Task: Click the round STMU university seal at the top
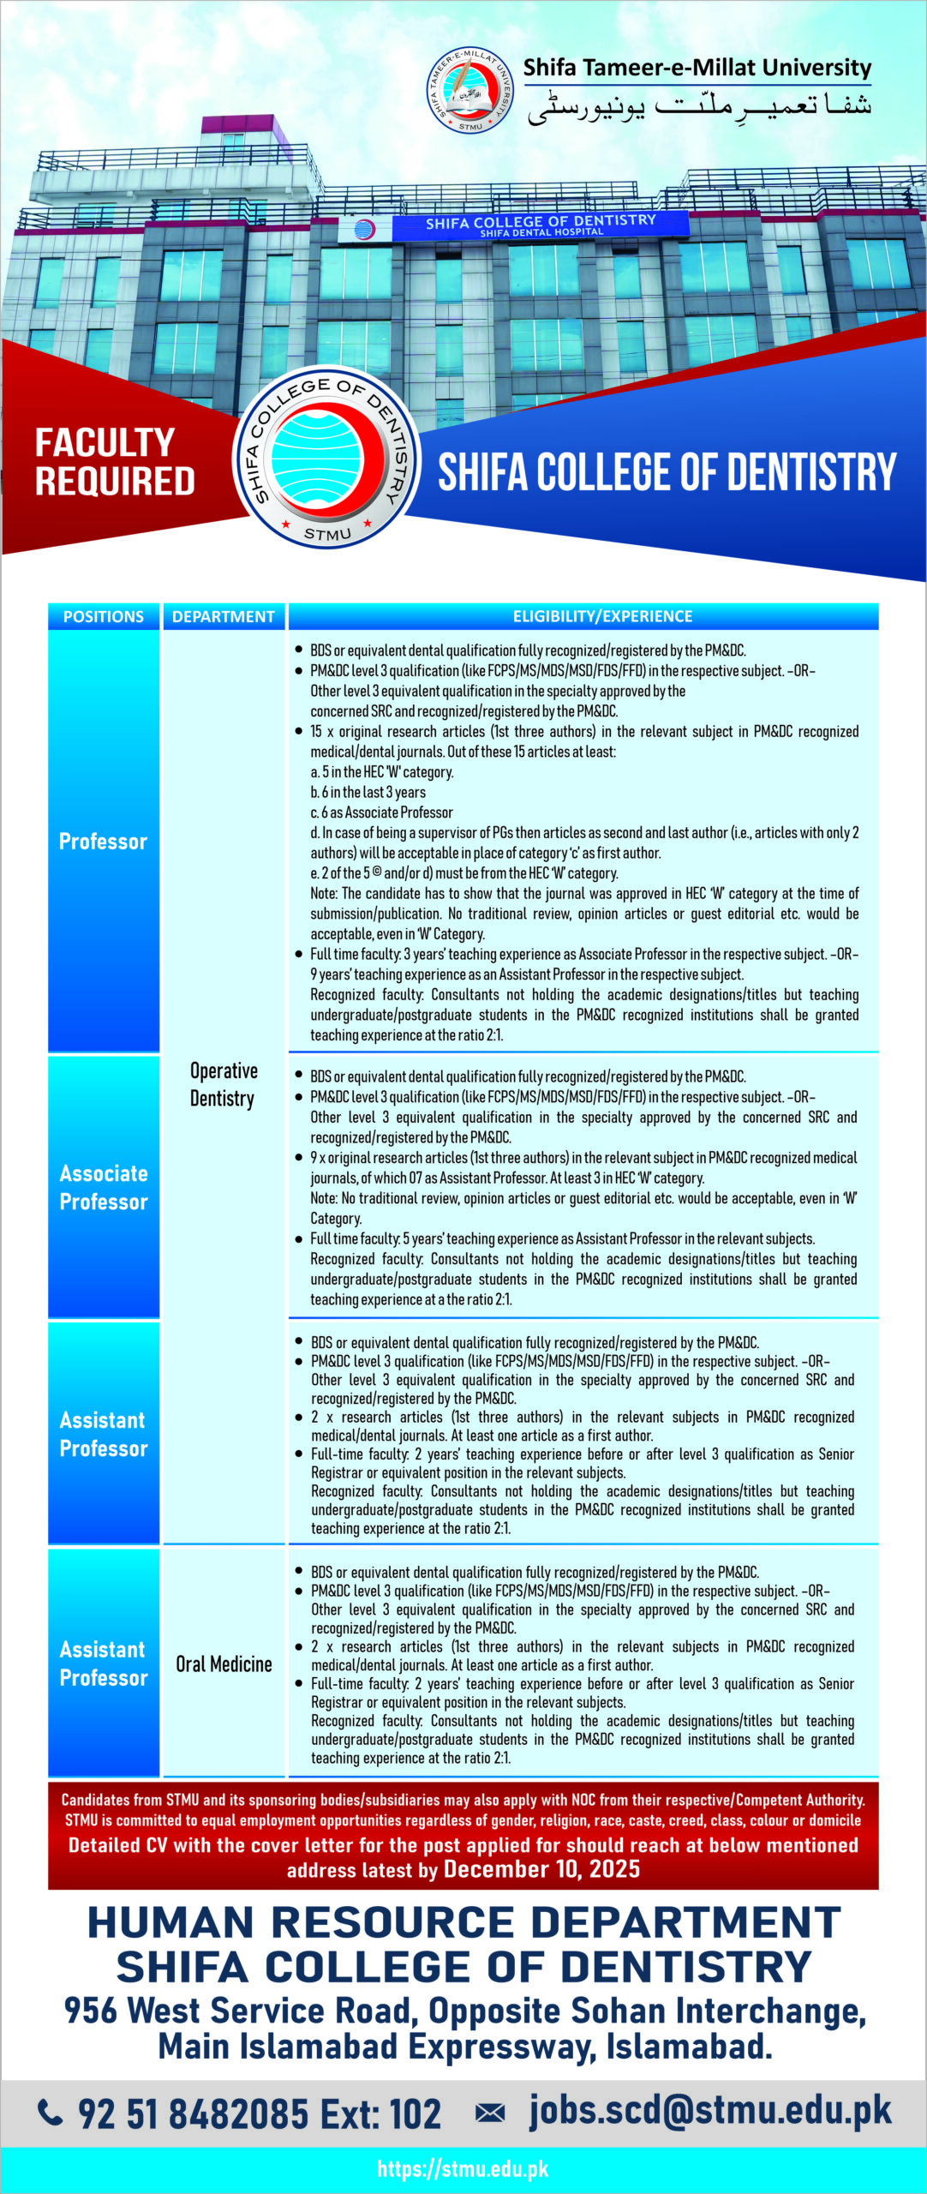(x=470, y=90)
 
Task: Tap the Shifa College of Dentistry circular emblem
(x=326, y=457)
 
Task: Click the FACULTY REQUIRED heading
(x=115, y=462)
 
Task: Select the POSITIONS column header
(x=104, y=616)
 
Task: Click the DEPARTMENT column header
(x=223, y=616)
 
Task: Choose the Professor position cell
(x=104, y=842)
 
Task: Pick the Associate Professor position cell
(x=104, y=1187)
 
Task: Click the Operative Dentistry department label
(x=223, y=1084)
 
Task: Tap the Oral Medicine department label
(x=224, y=1663)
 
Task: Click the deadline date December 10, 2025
(x=541, y=1869)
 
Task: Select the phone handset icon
(x=51, y=2113)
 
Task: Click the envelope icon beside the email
(x=490, y=2113)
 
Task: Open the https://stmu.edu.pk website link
(x=463, y=2168)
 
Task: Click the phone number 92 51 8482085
(x=193, y=2113)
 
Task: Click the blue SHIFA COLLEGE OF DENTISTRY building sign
(x=540, y=225)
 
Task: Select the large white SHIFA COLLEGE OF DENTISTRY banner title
(x=667, y=472)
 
